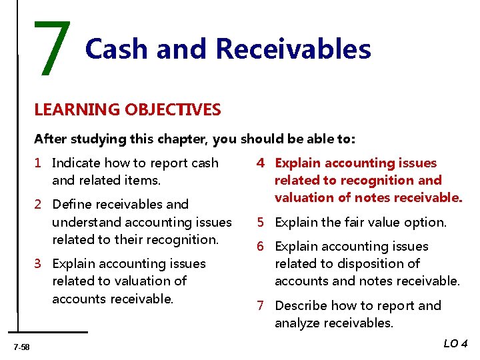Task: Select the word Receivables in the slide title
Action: pyautogui.click(x=293, y=49)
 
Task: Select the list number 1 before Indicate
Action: pyautogui.click(x=39, y=163)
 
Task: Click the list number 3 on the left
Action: pyautogui.click(x=39, y=263)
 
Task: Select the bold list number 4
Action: pyautogui.click(x=263, y=163)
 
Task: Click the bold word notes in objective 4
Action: pyautogui.click(x=369, y=197)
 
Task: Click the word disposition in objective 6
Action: pyautogui.click(x=351, y=263)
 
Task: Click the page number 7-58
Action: pyautogui.click(x=21, y=345)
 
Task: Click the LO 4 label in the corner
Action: pyautogui.click(x=455, y=343)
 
